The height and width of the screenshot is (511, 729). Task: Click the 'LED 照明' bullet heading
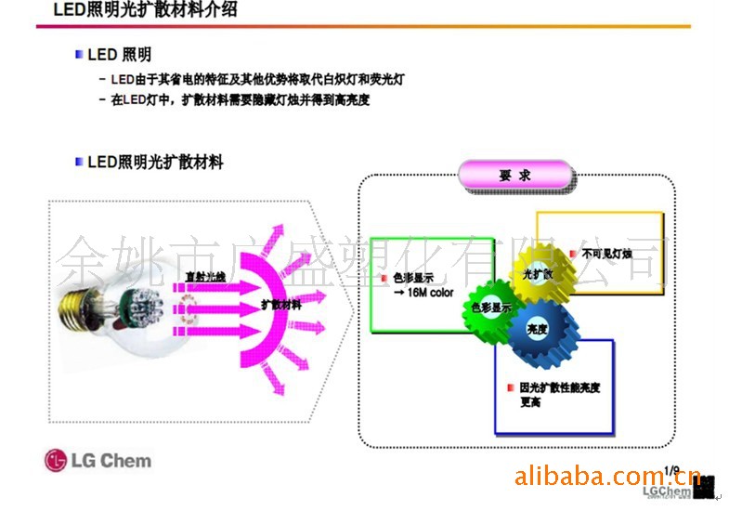coord(119,56)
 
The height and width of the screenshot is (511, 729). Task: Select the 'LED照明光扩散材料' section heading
coord(155,163)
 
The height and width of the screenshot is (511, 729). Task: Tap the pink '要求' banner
coord(515,174)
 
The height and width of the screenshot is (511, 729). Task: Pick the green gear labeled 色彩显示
coord(491,309)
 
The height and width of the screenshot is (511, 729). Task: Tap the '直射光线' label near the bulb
coord(205,276)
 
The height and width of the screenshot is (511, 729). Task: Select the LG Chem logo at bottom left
coord(97,460)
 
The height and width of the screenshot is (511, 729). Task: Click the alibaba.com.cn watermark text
coord(607,478)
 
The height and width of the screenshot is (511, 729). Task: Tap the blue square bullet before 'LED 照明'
coord(79,56)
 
